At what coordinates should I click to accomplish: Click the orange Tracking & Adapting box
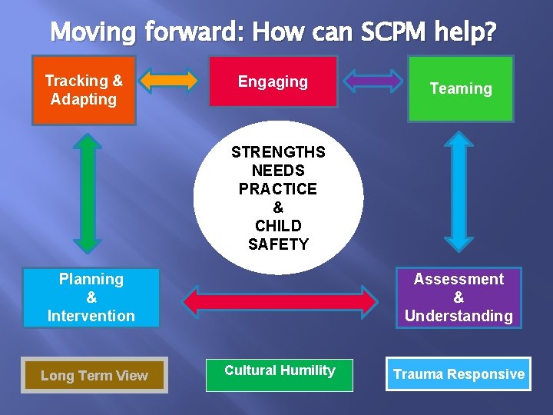[x=84, y=90]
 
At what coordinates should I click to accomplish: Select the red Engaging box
[x=273, y=81]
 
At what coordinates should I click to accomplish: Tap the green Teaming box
[x=460, y=89]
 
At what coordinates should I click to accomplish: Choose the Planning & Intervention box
[x=91, y=297]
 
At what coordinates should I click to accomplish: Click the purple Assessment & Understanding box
[x=459, y=297]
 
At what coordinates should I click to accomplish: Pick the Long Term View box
[x=94, y=375]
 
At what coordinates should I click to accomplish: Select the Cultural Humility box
[x=280, y=374]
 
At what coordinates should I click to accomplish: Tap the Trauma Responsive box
[x=459, y=374]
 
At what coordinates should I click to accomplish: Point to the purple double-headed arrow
[x=373, y=80]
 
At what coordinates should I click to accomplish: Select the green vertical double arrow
[x=88, y=193]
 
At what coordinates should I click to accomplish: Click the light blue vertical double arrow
[x=459, y=193]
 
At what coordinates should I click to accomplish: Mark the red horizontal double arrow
[x=278, y=299]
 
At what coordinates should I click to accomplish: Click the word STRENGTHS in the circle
[x=278, y=152]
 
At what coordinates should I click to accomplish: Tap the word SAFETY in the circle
[x=278, y=244]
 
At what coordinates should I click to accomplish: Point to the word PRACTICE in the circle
[x=278, y=189]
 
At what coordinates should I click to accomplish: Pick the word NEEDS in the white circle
[x=278, y=171]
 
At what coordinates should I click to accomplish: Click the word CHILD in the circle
[x=278, y=226]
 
